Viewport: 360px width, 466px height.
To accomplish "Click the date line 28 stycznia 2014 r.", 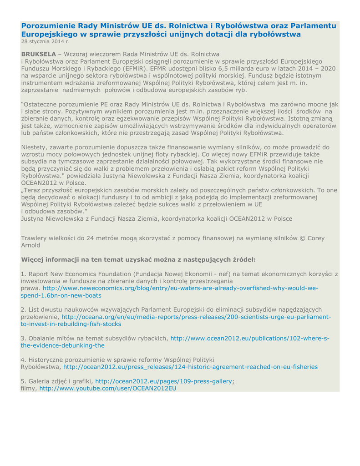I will pos(45,41).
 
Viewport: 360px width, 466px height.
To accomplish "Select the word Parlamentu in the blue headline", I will pos(314,26).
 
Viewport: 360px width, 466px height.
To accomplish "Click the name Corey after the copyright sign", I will pos(312,238).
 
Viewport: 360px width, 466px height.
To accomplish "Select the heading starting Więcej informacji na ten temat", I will pos(138,259).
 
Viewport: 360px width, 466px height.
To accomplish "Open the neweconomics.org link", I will pos(180,289).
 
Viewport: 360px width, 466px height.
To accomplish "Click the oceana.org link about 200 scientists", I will pos(196,317).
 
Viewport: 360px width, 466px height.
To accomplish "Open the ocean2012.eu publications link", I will pos(249,339).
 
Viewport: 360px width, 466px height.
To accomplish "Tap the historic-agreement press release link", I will pos(190,367).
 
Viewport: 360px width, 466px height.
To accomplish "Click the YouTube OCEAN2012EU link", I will pos(107,389).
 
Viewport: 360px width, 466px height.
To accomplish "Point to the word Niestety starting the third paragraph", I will pos(34,147).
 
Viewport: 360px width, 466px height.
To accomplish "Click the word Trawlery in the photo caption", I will pos(35,238).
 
